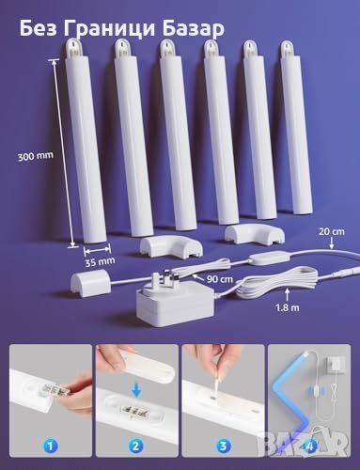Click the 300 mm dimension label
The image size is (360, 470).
pyautogui.click(x=35, y=155)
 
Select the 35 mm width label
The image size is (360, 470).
pyautogui.click(x=100, y=262)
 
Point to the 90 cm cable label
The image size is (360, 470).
pyautogui.click(x=220, y=278)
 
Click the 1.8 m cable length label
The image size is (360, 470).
pyautogui.click(x=288, y=307)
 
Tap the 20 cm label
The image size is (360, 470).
pyautogui.click(x=332, y=232)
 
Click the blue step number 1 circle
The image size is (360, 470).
pyautogui.click(x=51, y=446)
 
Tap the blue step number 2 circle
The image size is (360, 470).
pyautogui.click(x=136, y=446)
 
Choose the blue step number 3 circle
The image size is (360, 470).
pyautogui.click(x=223, y=446)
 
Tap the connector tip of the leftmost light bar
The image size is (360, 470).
pyautogui.click(x=72, y=47)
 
